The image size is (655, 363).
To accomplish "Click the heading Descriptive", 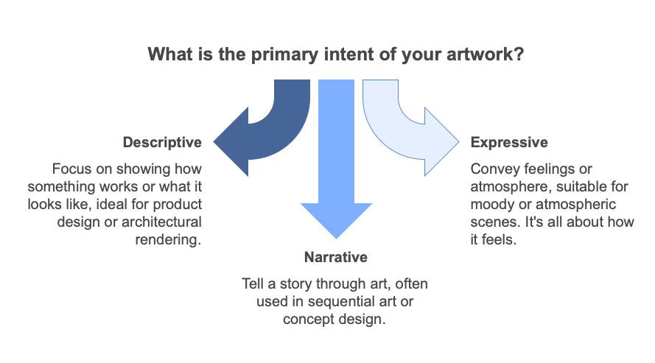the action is pos(162,141).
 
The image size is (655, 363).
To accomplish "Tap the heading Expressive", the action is pos(509,141).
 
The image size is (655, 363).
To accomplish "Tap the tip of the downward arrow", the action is pos(336,237).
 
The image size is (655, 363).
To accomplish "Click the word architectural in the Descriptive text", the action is pos(167,222).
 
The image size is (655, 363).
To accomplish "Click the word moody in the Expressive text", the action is pos(491,205).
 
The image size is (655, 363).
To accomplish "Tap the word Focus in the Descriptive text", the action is pos(69,168).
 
